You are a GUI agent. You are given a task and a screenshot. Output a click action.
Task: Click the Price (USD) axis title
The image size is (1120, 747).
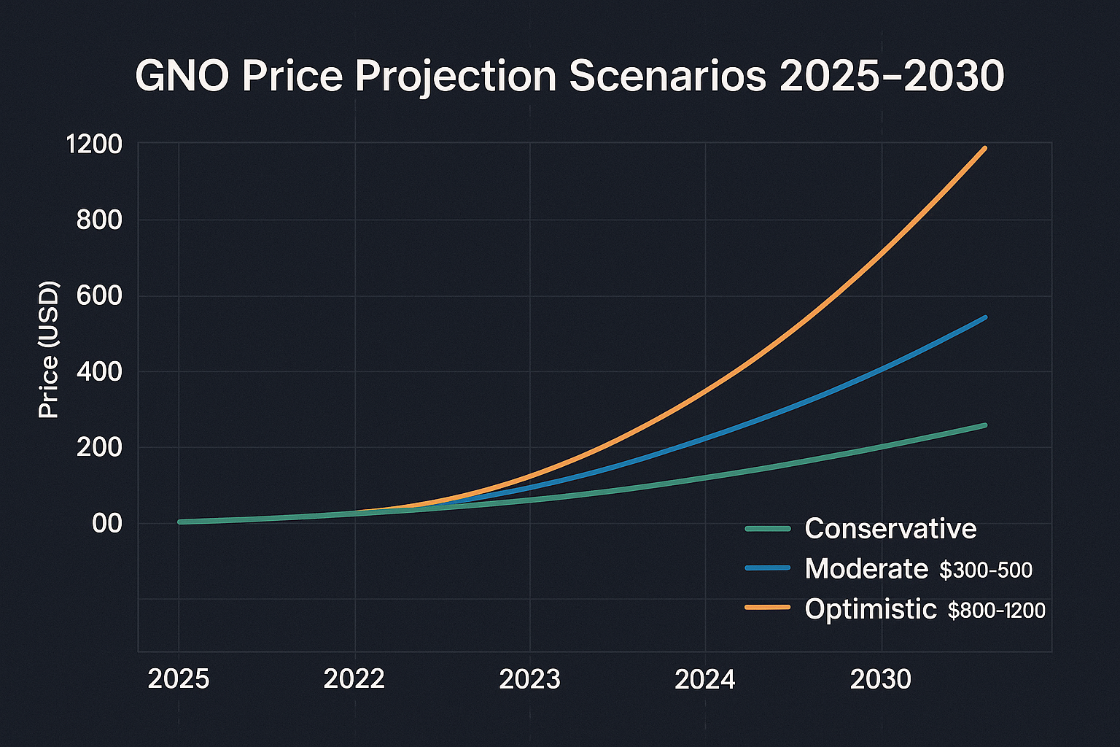tap(49, 349)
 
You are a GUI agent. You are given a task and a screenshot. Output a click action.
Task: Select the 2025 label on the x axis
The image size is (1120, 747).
tap(179, 680)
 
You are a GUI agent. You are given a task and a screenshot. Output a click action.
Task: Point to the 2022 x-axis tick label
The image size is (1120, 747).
tap(354, 680)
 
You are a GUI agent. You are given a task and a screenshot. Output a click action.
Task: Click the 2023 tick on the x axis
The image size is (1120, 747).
tap(530, 680)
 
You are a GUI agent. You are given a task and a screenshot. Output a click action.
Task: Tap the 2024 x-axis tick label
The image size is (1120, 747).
tap(705, 680)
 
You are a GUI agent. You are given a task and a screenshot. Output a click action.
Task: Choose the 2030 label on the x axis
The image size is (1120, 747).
tap(881, 680)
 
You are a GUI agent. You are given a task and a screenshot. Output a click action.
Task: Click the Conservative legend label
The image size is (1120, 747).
tap(890, 528)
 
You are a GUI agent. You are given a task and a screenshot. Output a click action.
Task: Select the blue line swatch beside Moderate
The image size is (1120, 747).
tap(767, 568)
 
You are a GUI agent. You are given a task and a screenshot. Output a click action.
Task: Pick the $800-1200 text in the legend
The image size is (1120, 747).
tap(996, 611)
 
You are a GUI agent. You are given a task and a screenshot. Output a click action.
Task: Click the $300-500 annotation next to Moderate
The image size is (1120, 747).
tap(986, 570)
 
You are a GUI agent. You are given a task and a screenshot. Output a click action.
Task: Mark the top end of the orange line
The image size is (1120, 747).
tap(985, 148)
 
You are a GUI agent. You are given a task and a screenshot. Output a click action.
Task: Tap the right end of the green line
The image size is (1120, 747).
tap(985, 425)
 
